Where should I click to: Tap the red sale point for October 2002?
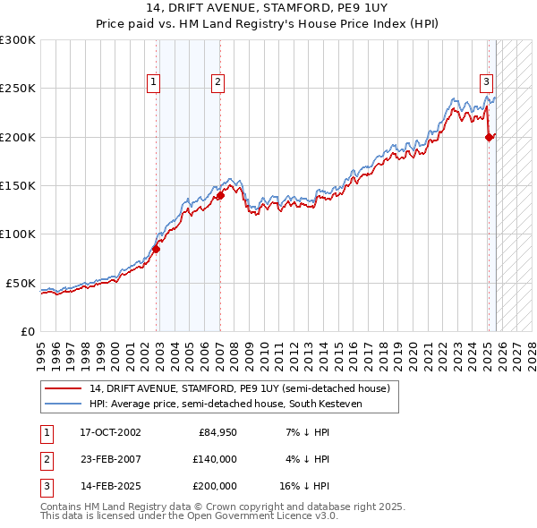[x=156, y=249]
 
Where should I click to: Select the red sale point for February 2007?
[x=220, y=195]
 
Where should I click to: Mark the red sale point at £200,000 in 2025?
[x=489, y=137]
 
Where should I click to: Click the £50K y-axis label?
[x=21, y=283]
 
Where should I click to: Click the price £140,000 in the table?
[x=215, y=459]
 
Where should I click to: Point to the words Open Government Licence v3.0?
[x=268, y=516]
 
